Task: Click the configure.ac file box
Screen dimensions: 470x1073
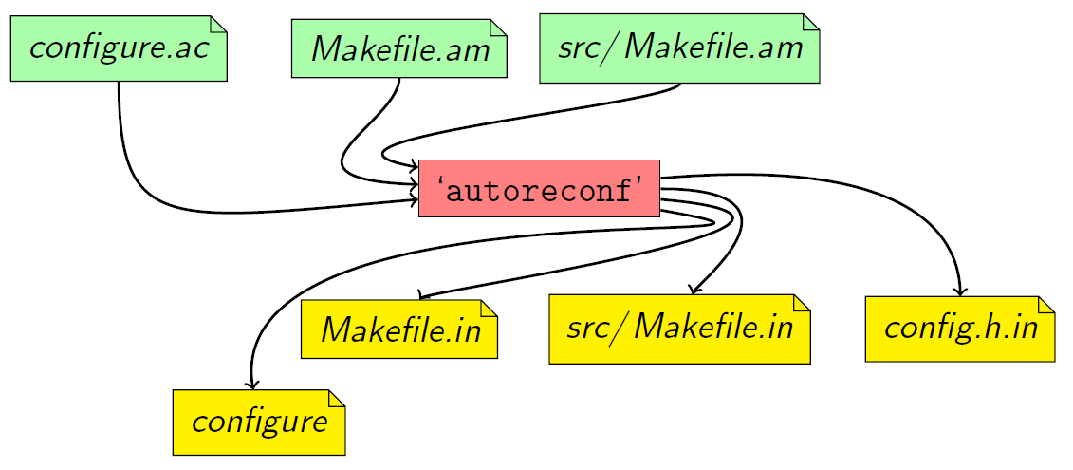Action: click(x=118, y=48)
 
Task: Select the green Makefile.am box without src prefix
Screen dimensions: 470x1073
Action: click(x=398, y=48)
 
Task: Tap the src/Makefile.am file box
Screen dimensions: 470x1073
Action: click(x=679, y=48)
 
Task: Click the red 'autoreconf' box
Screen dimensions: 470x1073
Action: click(x=539, y=188)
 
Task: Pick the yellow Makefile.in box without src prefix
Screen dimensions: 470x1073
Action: click(x=399, y=329)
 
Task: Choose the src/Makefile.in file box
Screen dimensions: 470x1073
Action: click(x=679, y=329)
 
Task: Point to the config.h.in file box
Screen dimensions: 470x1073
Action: click(x=959, y=329)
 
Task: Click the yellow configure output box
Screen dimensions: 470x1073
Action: click(x=259, y=422)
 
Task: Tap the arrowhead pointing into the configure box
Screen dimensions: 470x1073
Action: click(x=251, y=385)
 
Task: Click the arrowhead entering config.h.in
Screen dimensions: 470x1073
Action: click(x=960, y=291)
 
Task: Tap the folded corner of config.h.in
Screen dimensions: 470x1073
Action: click(x=1046, y=304)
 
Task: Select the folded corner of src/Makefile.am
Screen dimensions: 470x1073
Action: click(x=810, y=22)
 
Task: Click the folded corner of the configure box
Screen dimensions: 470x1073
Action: click(x=337, y=398)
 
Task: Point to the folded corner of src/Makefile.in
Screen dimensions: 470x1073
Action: click(x=802, y=303)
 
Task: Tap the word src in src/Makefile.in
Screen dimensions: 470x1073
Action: click(x=588, y=329)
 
